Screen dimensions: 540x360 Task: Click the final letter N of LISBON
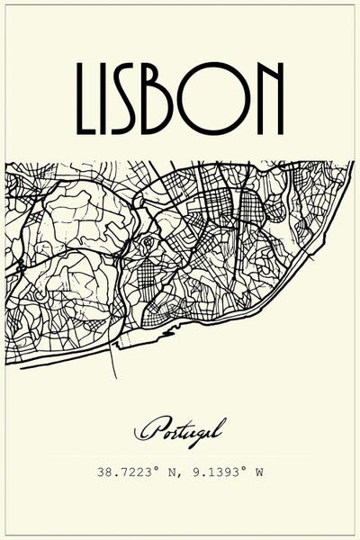pos(272,96)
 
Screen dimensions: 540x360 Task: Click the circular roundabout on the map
pos(148,241)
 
